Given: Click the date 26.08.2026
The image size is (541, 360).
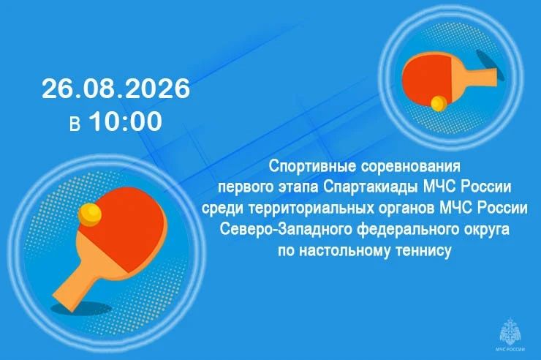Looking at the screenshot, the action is coord(116,89).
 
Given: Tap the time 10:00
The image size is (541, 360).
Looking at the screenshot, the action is coord(126,121).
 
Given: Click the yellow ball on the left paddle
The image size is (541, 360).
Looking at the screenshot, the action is coord(90,214).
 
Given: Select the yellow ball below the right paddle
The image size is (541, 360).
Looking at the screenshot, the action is coord(438,103).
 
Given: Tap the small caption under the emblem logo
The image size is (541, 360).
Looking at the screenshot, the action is coord(510,350).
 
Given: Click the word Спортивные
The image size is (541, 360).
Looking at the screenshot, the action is coord(312,166).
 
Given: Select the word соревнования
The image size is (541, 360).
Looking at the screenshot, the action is coord(411,167).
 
